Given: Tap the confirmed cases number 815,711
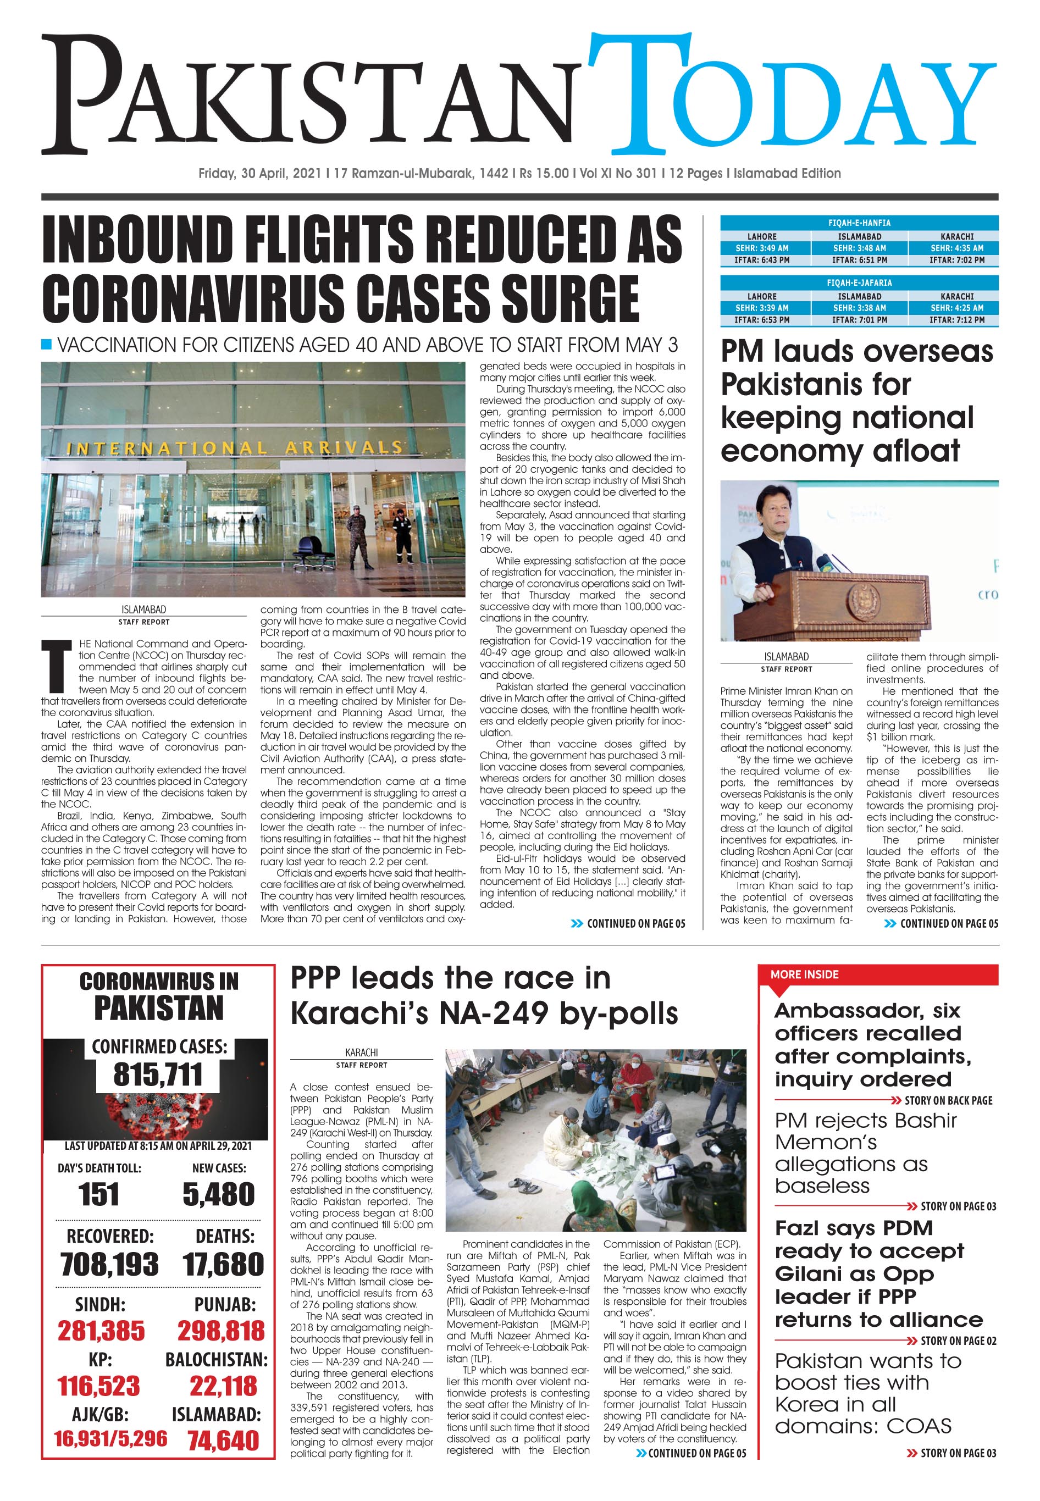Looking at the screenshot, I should coord(158,1074).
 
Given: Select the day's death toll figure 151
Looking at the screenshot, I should coord(99,1194).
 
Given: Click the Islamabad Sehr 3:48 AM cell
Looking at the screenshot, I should coord(859,248).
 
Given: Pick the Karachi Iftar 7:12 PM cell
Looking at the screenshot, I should coord(956,320).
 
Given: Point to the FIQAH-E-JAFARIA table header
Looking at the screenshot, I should coord(859,283).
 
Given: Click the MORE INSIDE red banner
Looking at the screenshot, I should coord(805,974).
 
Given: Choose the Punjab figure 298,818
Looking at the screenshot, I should coord(221,1331).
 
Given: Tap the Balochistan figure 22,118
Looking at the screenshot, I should coord(223,1386).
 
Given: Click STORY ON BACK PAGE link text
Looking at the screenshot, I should coord(948,1100).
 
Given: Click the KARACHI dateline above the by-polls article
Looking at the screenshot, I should coord(361,1052).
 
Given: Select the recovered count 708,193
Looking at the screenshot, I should coord(109,1265).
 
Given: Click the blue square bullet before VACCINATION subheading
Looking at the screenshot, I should coord(46,344).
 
